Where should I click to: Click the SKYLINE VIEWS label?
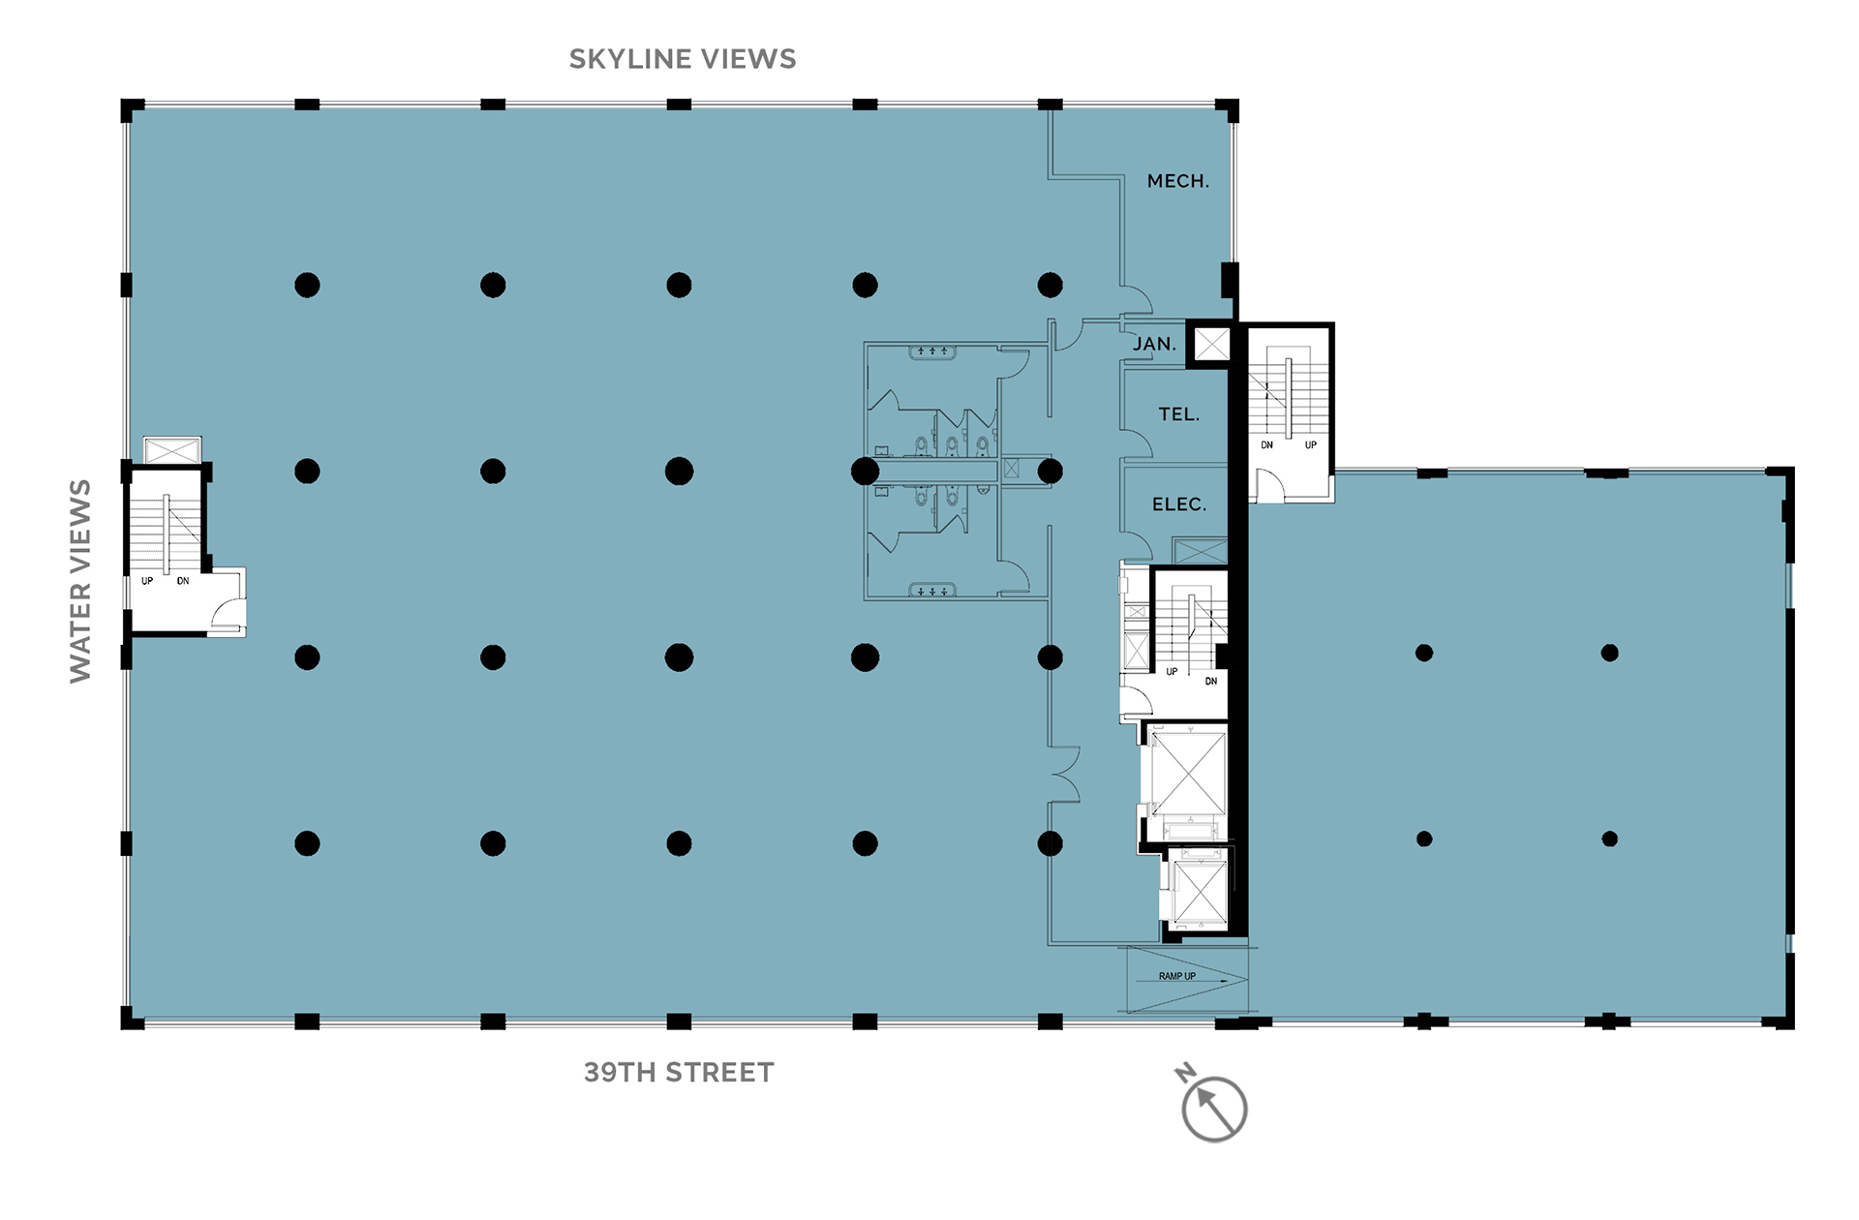pos(683,59)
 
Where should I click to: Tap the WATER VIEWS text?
pos(80,581)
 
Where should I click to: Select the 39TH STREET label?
pos(679,1073)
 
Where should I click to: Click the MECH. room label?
pos(1178,181)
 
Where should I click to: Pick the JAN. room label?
pos(1155,344)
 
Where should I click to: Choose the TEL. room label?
pos(1179,414)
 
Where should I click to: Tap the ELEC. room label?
pos(1179,504)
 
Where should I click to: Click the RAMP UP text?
pos(1177,976)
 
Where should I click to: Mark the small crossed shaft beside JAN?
pos(1211,344)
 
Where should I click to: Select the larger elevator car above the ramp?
pos(1189,774)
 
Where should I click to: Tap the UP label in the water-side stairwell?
pos(147,581)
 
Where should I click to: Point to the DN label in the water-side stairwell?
pos(183,581)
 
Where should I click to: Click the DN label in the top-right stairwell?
pos(1266,445)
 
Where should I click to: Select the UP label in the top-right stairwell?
pos(1311,445)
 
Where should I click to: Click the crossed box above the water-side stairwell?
pos(172,450)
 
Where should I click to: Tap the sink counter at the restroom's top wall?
pos(932,351)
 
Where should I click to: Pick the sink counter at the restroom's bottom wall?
pos(932,590)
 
